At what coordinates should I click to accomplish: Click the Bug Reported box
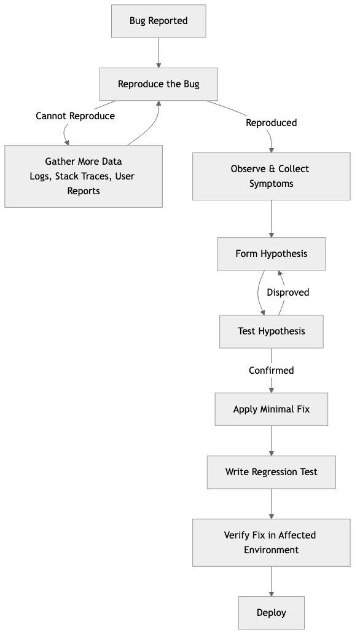[x=158, y=21]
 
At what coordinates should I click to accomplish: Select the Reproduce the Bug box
[x=158, y=84]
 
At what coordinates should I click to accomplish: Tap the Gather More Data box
[x=84, y=176]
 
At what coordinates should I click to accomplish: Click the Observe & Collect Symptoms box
[x=271, y=176]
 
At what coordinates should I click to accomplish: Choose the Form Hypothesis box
[x=271, y=254]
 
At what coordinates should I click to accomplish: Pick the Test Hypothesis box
[x=271, y=331]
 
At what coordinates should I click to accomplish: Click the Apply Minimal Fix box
[x=271, y=409]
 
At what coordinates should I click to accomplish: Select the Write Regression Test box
[x=271, y=472]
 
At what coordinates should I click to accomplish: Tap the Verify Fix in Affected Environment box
[x=271, y=542]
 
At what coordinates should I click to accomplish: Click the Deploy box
[x=271, y=613]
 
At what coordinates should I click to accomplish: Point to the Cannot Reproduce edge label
[x=76, y=116]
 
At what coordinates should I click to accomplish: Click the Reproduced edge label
[x=271, y=123]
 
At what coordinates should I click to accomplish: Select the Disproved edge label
[x=288, y=293]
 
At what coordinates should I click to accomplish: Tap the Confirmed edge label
[x=271, y=371]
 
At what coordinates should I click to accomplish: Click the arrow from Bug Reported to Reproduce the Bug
[x=158, y=52]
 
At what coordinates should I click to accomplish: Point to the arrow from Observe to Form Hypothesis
[x=271, y=219]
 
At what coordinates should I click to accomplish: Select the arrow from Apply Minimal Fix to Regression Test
[x=271, y=441]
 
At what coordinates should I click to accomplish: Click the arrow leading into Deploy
[x=271, y=582]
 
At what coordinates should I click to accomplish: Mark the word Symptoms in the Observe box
[x=271, y=184]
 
